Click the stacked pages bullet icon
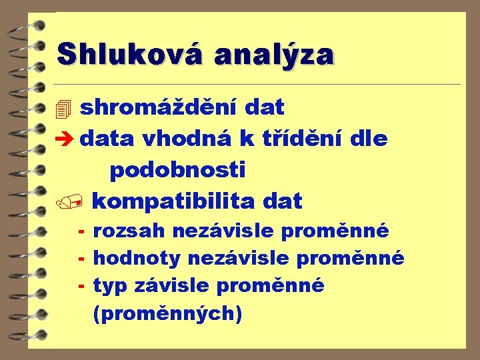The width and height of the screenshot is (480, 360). coord(63,108)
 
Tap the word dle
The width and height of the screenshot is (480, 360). coord(369,139)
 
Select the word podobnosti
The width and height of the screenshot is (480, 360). coord(177,170)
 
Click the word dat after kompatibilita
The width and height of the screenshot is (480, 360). coord(283,201)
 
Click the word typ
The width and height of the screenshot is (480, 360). coord(111,285)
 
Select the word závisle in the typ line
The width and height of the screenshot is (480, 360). coord(173,285)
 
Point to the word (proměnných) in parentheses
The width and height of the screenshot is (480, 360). coord(167,312)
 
